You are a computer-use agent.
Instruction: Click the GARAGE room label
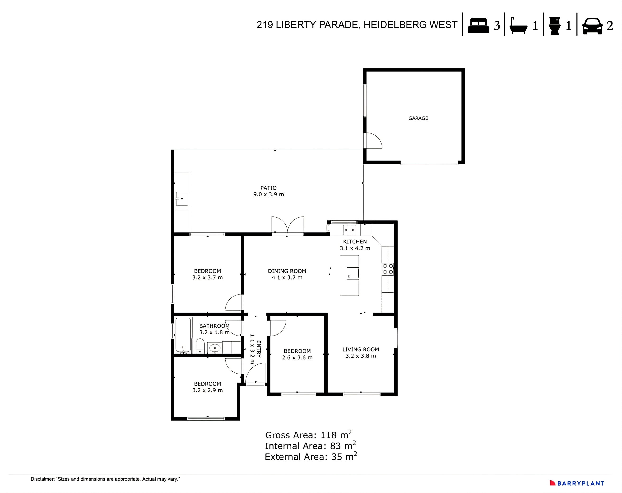tap(418, 118)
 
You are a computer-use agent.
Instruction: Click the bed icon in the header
tap(478, 26)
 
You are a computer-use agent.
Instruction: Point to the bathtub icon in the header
tap(518, 26)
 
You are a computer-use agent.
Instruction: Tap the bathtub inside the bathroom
tap(183, 335)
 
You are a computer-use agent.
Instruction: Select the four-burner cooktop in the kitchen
tap(388, 269)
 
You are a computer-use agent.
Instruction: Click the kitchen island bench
tap(349, 275)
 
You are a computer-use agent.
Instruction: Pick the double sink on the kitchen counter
tap(349, 230)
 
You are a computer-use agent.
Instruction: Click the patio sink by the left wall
tap(182, 199)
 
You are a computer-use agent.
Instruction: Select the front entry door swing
tap(255, 374)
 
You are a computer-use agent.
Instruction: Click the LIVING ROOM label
tap(360, 349)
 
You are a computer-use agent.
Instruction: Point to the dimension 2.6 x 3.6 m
tap(297, 358)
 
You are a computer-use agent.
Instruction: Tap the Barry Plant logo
tap(577, 483)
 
